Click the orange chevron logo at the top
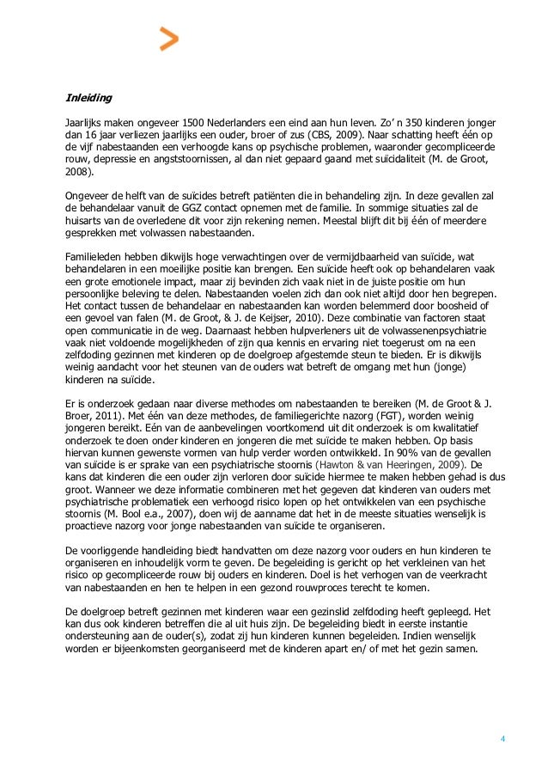169,40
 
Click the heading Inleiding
89,97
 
